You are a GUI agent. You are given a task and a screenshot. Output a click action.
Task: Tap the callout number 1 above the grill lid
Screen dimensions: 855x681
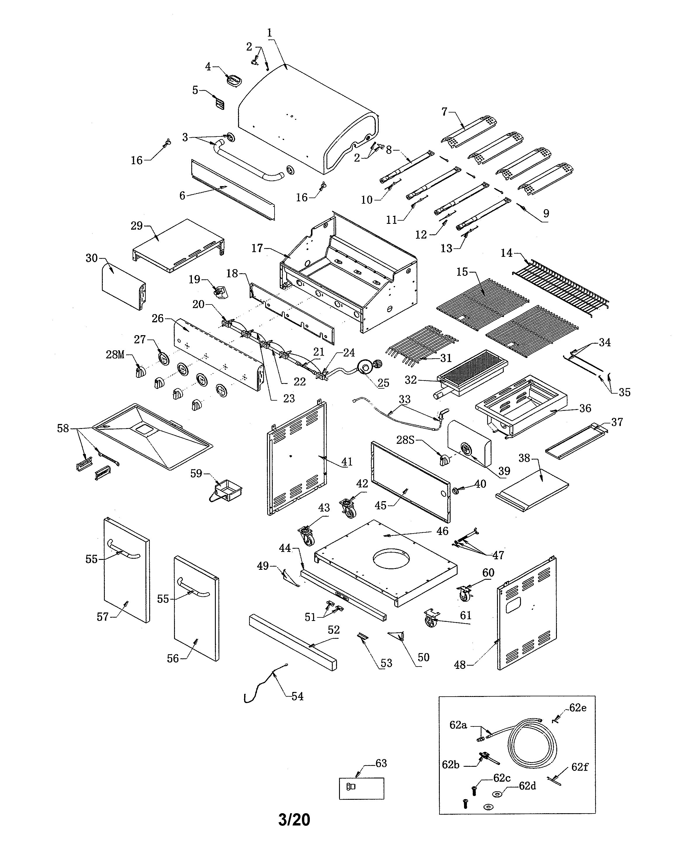pos(270,33)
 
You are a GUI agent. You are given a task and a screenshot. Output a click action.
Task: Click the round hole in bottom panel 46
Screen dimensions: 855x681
pos(391,559)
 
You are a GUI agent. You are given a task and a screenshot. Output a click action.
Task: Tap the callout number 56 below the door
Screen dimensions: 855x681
pos(173,658)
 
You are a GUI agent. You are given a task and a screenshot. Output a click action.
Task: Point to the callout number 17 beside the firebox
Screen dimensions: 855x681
pos(257,248)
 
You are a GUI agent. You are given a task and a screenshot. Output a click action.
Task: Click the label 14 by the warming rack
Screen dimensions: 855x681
pos(507,253)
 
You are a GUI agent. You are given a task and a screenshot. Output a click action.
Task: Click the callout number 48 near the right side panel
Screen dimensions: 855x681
pos(460,665)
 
